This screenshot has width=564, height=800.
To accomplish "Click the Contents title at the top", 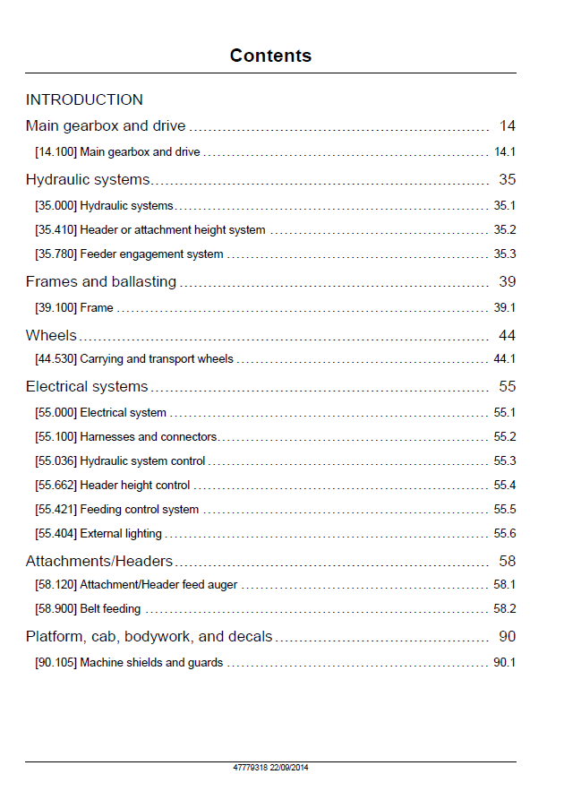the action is click(270, 56).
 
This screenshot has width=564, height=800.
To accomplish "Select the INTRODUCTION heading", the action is click(84, 99).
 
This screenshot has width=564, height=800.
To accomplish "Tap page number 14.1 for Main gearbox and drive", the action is click(505, 151).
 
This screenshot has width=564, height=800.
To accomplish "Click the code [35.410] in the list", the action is click(56, 230).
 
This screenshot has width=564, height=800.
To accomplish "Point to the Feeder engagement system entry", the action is click(129, 254).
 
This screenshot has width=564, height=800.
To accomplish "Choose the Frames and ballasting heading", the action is click(101, 281).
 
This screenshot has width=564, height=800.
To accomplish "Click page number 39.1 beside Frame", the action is click(504, 307).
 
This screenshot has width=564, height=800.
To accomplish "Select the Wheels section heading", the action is click(51, 335).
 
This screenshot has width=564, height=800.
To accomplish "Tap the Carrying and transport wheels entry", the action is click(134, 359).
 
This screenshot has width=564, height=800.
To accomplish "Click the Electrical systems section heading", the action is click(87, 386).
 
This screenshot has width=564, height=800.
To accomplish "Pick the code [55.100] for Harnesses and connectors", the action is click(56, 437).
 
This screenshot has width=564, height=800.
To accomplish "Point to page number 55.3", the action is click(505, 460).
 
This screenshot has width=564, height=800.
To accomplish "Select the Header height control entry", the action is click(112, 486).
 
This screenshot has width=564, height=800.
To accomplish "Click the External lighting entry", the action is click(98, 534).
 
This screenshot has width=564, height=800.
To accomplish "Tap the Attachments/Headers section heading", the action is click(99, 561).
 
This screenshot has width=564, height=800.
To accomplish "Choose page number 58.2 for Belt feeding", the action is click(505, 608).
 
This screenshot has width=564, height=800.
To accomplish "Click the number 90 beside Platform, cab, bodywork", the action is click(508, 636).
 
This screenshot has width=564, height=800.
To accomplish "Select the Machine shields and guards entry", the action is click(129, 662).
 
